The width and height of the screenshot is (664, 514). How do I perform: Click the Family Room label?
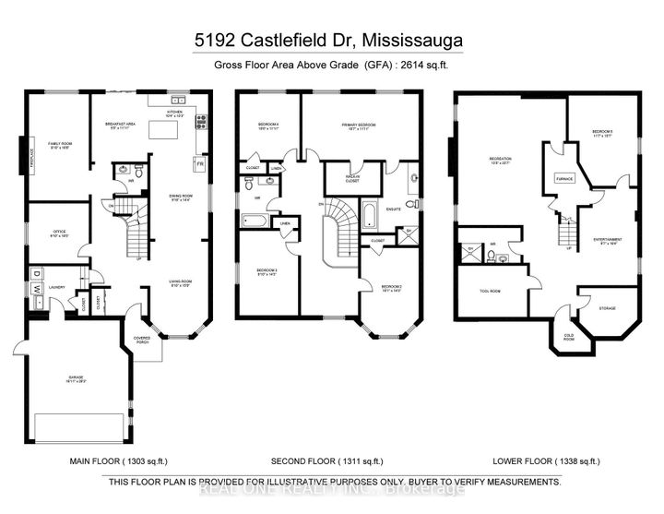(x=53, y=145)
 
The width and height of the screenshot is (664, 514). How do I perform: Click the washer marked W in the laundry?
(x=37, y=290)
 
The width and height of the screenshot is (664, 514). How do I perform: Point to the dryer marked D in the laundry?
(x=37, y=274)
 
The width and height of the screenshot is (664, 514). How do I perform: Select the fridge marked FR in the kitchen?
(x=199, y=163)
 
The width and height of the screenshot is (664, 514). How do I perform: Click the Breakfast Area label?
(x=124, y=126)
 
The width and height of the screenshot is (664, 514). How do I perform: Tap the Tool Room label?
(x=492, y=292)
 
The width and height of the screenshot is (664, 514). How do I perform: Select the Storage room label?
(x=606, y=308)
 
